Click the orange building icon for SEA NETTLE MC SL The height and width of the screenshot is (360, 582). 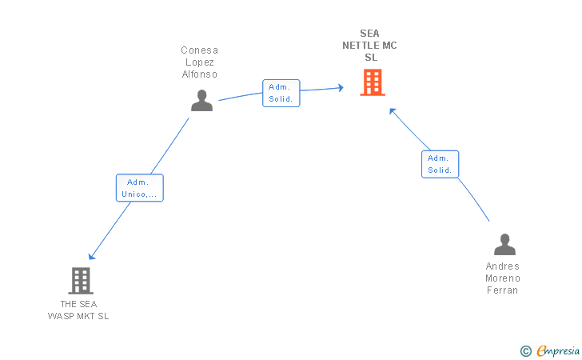(373, 82)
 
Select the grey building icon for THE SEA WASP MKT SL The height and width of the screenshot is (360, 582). (81, 281)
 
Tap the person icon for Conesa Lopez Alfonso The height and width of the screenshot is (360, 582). (202, 100)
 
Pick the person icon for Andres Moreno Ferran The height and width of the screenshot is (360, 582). (504, 245)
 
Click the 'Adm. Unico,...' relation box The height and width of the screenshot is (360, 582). (140, 188)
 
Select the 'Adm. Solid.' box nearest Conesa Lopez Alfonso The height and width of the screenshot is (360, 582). (281, 94)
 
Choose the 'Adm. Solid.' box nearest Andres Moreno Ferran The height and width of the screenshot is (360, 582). (440, 164)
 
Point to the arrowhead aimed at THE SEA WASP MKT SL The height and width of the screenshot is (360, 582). (91, 256)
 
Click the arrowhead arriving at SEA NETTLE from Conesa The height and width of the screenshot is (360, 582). (341, 88)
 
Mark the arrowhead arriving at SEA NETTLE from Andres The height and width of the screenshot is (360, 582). (393, 111)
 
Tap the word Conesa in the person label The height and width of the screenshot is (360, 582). (199, 50)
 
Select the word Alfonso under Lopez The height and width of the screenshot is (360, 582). (200, 74)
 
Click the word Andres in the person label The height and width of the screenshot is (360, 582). (503, 266)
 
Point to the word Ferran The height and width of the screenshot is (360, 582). (503, 290)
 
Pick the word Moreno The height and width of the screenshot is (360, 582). (503, 278)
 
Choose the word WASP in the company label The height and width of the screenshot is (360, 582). (62, 316)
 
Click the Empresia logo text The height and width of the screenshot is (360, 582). (558, 350)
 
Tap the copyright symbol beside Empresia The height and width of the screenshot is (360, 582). (526, 351)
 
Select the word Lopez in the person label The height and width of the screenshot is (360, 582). (200, 62)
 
